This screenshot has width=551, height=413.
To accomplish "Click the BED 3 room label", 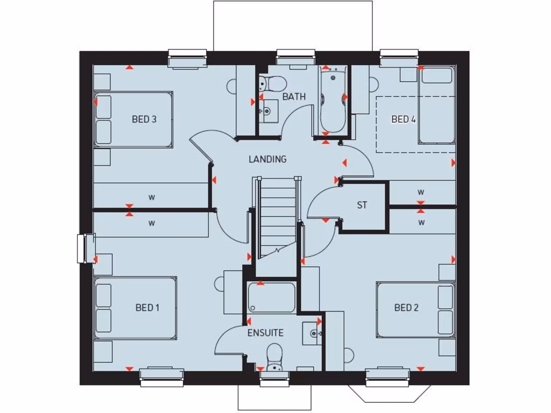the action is point(144,119).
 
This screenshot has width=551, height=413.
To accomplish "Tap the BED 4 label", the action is point(404,119).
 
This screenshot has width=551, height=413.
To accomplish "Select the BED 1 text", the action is point(147,308).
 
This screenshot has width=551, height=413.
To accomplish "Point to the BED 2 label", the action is point(406,308).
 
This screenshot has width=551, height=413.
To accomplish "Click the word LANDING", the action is point(267,159).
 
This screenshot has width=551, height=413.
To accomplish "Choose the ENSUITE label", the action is point(265,332).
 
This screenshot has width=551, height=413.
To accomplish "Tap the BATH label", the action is point(294,97).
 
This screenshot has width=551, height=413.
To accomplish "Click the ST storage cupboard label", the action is point(362,205).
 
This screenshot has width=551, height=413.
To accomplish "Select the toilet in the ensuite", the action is point(274,357).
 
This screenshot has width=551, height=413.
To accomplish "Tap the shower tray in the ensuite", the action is point(271,297).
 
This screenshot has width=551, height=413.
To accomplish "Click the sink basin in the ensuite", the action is point(312,333).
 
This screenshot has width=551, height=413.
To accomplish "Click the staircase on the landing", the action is point(278,218).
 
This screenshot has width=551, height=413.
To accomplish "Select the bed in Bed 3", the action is point(133,120).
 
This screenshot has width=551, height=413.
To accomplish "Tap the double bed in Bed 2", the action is point(416,309).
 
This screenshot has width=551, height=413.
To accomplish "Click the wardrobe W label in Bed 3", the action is point(151,197).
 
